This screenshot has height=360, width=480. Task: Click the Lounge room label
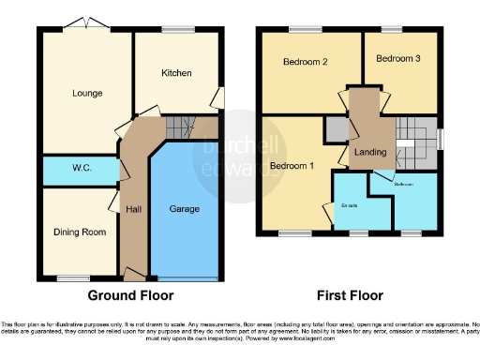(85, 93)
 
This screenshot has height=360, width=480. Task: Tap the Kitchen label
(175, 73)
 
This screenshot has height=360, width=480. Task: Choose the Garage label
(184, 209)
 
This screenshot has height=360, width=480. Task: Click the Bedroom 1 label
(292, 166)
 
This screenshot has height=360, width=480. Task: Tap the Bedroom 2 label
(305, 63)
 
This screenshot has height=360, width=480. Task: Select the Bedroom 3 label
(398, 58)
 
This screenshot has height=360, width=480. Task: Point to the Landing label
(370, 151)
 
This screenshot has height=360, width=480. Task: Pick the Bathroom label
(404, 185)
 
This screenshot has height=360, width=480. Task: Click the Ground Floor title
(130, 295)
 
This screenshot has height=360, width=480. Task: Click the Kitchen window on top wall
(177, 30)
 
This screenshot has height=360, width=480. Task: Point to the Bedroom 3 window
(397, 30)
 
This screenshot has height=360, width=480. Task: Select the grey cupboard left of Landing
(336, 128)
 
